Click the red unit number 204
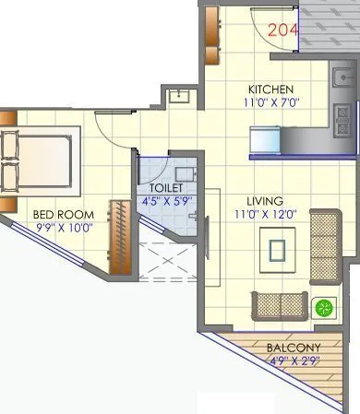(284, 30)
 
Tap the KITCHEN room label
(271, 89)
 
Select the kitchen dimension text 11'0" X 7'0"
(271, 102)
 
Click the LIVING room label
(265, 200)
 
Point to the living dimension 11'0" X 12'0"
(265, 214)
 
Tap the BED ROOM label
(60, 214)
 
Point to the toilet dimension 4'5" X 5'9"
(165, 200)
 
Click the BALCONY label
(294, 348)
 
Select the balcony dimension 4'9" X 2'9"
(294, 361)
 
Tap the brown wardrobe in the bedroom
(119, 235)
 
